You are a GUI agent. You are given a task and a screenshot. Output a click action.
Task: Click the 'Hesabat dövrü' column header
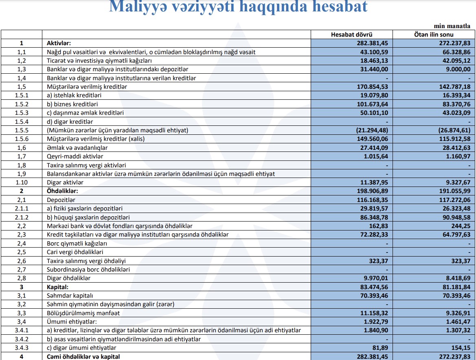tap(352, 35)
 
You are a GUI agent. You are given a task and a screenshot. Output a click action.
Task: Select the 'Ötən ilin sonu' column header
tap(434, 35)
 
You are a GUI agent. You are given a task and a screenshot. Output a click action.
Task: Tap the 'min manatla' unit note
tap(452, 26)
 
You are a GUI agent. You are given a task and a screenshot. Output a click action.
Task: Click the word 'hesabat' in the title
tap(329, 7)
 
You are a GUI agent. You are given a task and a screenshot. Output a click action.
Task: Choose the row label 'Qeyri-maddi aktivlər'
tap(75, 156)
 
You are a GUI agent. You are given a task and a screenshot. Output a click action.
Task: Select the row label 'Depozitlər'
tap(61, 200)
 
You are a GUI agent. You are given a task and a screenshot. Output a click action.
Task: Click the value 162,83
tap(379, 226)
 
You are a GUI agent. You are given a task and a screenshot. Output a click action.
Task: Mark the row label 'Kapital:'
tap(58, 287)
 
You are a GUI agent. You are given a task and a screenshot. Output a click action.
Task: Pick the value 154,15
tap(461, 348)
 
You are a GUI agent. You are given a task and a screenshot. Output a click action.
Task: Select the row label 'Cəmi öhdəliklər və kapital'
tap(83, 356)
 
